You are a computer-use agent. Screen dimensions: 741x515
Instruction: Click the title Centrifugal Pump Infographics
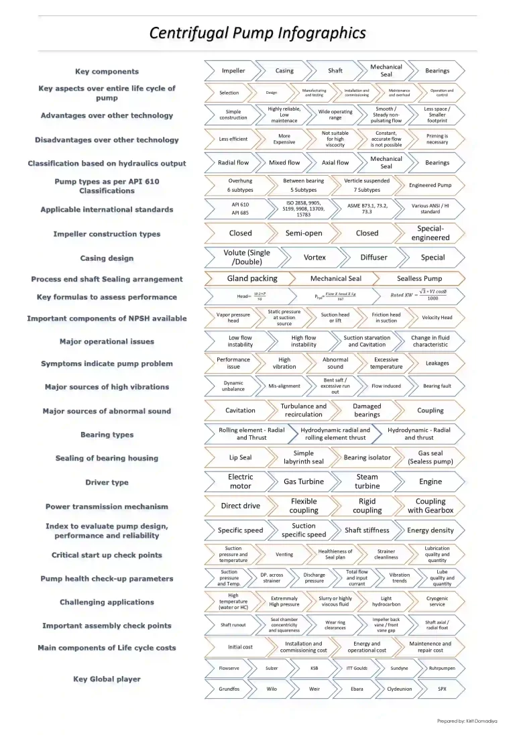[x=257, y=33]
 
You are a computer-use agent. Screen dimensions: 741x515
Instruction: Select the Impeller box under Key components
[x=233, y=70]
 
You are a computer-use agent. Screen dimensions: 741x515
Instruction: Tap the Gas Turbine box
[x=303, y=481]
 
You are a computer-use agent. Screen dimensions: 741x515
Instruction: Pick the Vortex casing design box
[x=314, y=258]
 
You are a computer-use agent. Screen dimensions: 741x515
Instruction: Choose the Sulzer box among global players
[x=272, y=668]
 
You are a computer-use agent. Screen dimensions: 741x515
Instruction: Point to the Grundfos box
[x=229, y=689]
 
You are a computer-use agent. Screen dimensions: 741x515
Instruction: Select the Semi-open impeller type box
[x=304, y=233]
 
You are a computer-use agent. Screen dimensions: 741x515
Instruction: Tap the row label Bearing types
[x=107, y=435]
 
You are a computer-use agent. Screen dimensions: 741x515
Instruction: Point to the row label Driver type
[x=107, y=482]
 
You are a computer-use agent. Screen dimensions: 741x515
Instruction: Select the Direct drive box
[x=241, y=506]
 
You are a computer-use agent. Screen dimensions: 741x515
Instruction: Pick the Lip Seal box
[x=240, y=457]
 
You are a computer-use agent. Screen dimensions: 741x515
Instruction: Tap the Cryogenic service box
[x=437, y=602]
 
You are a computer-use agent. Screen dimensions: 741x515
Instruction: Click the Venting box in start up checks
[x=284, y=555]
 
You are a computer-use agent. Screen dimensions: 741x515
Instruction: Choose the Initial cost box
[x=239, y=647]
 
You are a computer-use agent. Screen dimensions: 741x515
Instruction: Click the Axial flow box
[x=335, y=162]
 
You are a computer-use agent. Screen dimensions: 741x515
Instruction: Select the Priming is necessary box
[x=437, y=139]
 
